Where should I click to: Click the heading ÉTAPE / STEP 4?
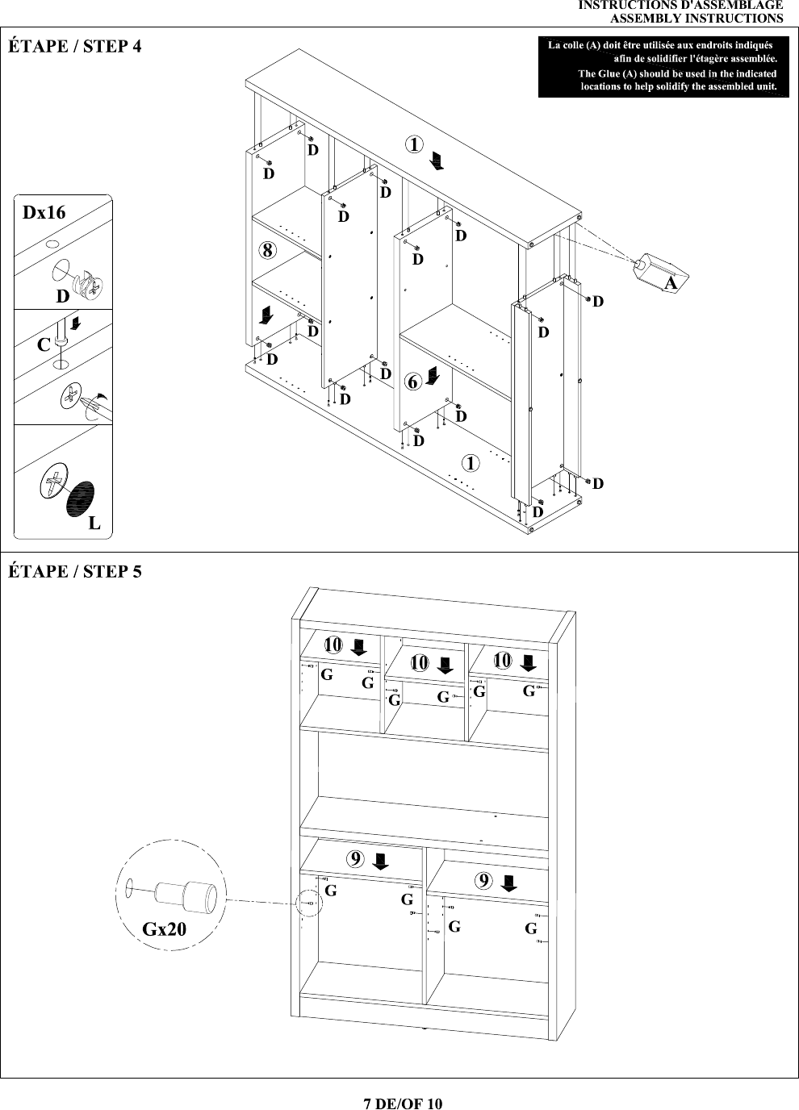pyautogui.click(x=75, y=46)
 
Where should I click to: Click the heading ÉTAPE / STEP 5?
pyautogui.click(x=75, y=571)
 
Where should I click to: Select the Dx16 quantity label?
pyautogui.click(x=44, y=212)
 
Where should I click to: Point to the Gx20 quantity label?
pyautogui.click(x=164, y=928)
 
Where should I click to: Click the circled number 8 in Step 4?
pyautogui.click(x=268, y=250)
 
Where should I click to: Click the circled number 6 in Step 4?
pyautogui.click(x=413, y=382)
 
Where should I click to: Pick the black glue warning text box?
pyautogui.click(x=663, y=66)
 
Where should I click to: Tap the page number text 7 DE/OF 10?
pyautogui.click(x=403, y=1103)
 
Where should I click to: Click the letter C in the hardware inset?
pyautogui.click(x=44, y=344)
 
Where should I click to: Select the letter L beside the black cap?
pyautogui.click(x=94, y=523)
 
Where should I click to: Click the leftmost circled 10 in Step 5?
pyautogui.click(x=333, y=645)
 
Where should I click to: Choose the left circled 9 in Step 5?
pyautogui.click(x=355, y=859)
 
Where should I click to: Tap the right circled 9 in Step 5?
pyautogui.click(x=483, y=881)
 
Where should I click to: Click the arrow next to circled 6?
pyautogui.click(x=433, y=376)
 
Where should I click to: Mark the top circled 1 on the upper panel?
pyautogui.click(x=414, y=144)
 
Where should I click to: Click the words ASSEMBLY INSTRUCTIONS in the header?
pyautogui.click(x=697, y=19)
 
